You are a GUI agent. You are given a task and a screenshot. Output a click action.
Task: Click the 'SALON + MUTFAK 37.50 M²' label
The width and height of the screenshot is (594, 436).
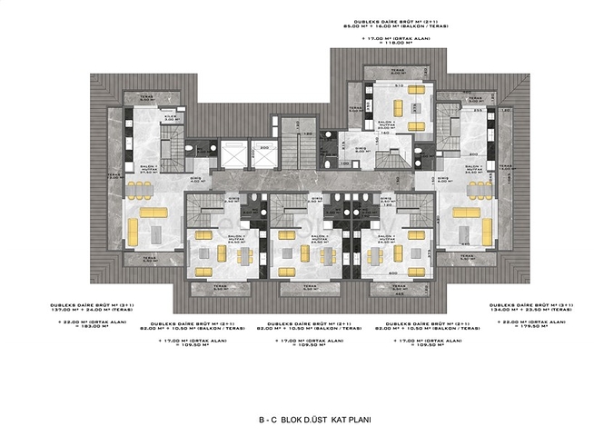coord(121,169)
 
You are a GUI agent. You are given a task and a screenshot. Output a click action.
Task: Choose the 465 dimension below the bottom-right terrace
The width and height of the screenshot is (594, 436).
coord(399,294)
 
